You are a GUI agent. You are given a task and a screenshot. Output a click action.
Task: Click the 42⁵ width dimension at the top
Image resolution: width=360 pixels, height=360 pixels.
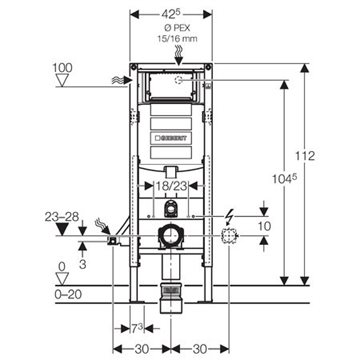coord(170,15)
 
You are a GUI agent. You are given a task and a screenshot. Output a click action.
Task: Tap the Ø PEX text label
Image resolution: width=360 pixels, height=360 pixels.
coord(178,28)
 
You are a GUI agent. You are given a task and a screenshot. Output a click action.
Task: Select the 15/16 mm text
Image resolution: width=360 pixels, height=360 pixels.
coord(177,39)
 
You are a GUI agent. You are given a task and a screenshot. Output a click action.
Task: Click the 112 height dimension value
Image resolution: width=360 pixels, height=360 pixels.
coord(305,156)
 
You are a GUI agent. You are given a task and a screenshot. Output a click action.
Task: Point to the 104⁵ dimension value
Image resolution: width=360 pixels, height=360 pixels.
coord(285,179)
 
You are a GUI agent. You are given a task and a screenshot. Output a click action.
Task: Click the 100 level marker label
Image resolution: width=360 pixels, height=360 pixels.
coord(62,68)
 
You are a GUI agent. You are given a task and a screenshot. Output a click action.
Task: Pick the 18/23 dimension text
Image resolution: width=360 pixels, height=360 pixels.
coord(171,186)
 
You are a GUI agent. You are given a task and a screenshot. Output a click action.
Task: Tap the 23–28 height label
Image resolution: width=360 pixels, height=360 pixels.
coord(62,217)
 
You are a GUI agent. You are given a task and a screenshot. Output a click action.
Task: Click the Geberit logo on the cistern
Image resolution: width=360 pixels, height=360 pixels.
coord(171,138)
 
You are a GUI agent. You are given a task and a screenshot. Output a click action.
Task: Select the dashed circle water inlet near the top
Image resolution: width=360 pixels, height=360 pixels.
coord(179,80)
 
